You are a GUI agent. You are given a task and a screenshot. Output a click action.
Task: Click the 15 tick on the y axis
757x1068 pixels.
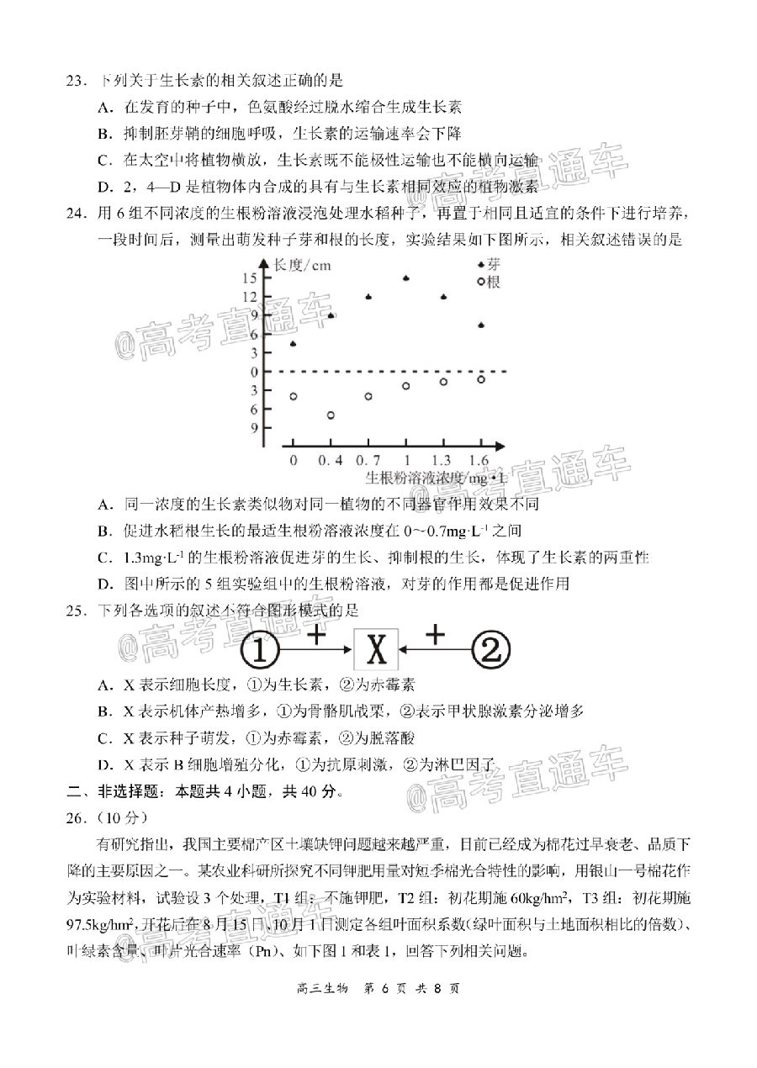[x=251, y=278]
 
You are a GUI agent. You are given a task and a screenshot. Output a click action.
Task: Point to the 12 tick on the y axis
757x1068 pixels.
[x=251, y=297]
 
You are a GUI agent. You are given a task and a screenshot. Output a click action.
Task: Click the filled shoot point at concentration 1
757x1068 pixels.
[x=406, y=278]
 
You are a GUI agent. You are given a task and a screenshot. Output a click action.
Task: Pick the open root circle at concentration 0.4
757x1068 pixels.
[x=331, y=415]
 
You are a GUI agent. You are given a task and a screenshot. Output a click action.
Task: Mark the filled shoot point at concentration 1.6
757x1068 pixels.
[x=480, y=325]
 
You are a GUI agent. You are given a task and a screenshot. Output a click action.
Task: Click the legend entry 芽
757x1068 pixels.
[x=493, y=266]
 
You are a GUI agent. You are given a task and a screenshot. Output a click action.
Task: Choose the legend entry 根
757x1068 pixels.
[x=493, y=283]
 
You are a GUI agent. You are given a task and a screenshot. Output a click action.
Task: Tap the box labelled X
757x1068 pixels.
[x=377, y=650]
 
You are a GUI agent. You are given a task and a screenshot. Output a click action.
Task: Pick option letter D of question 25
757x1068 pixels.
[x=105, y=764]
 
